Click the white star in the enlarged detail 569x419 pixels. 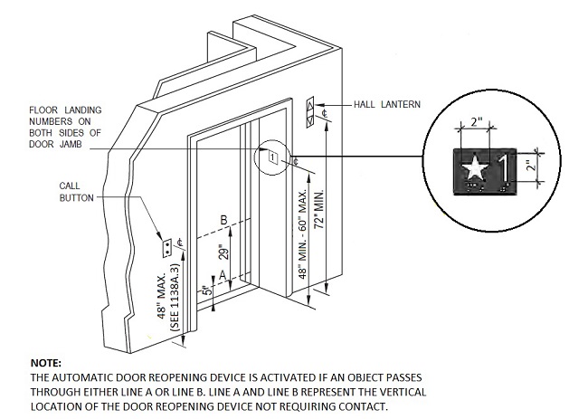[472, 167]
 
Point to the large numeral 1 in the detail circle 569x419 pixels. [500, 167]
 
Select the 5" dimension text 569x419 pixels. [208, 290]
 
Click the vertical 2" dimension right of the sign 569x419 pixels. [533, 167]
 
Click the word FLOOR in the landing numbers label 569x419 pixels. [45, 111]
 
